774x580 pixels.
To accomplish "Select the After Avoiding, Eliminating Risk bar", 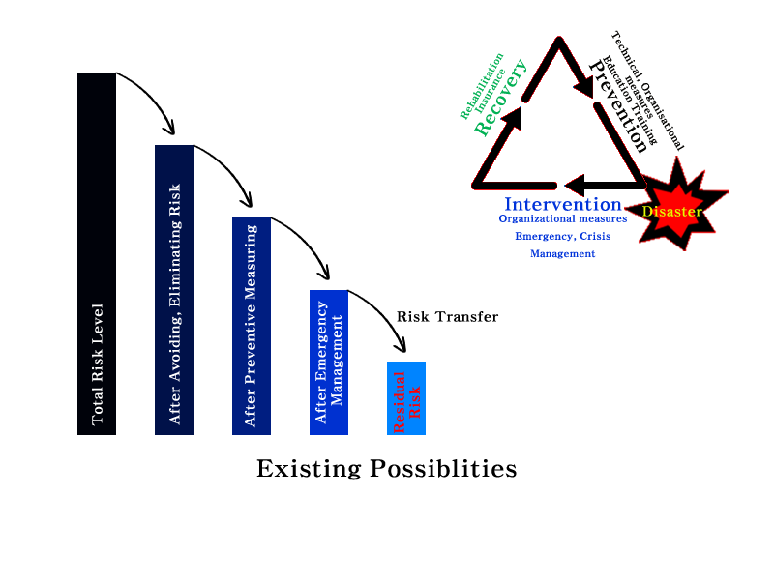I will [x=174, y=290].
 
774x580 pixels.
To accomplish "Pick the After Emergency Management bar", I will [x=329, y=362].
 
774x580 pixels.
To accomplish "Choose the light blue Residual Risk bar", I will [x=406, y=398].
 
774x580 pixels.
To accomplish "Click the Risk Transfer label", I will [x=447, y=317].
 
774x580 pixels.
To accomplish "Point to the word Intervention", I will [x=562, y=205].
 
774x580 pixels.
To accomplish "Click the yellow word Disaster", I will [x=671, y=212].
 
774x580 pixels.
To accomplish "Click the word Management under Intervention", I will [x=562, y=253].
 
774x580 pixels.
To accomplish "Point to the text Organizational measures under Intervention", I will [x=562, y=219].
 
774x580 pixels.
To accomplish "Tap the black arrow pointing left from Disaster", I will [x=600, y=184].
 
